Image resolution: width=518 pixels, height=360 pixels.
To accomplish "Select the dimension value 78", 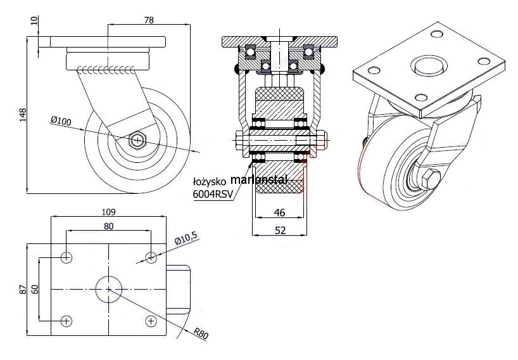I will pyautogui.click(x=149, y=20).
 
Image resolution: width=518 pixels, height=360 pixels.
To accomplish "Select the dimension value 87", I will pyautogui.click(x=23, y=289).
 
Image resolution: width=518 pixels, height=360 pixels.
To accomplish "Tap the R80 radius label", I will pyautogui.click(x=202, y=331).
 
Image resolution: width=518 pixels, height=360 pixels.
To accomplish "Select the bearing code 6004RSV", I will pyautogui.click(x=212, y=195).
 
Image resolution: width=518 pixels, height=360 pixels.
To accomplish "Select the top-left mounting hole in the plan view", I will pyautogui.click(x=67, y=257).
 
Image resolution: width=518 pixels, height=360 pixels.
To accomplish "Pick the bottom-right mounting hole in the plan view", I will pyautogui.click(x=151, y=321).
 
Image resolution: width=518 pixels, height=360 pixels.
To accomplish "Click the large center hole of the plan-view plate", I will pyautogui.click(x=109, y=289).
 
